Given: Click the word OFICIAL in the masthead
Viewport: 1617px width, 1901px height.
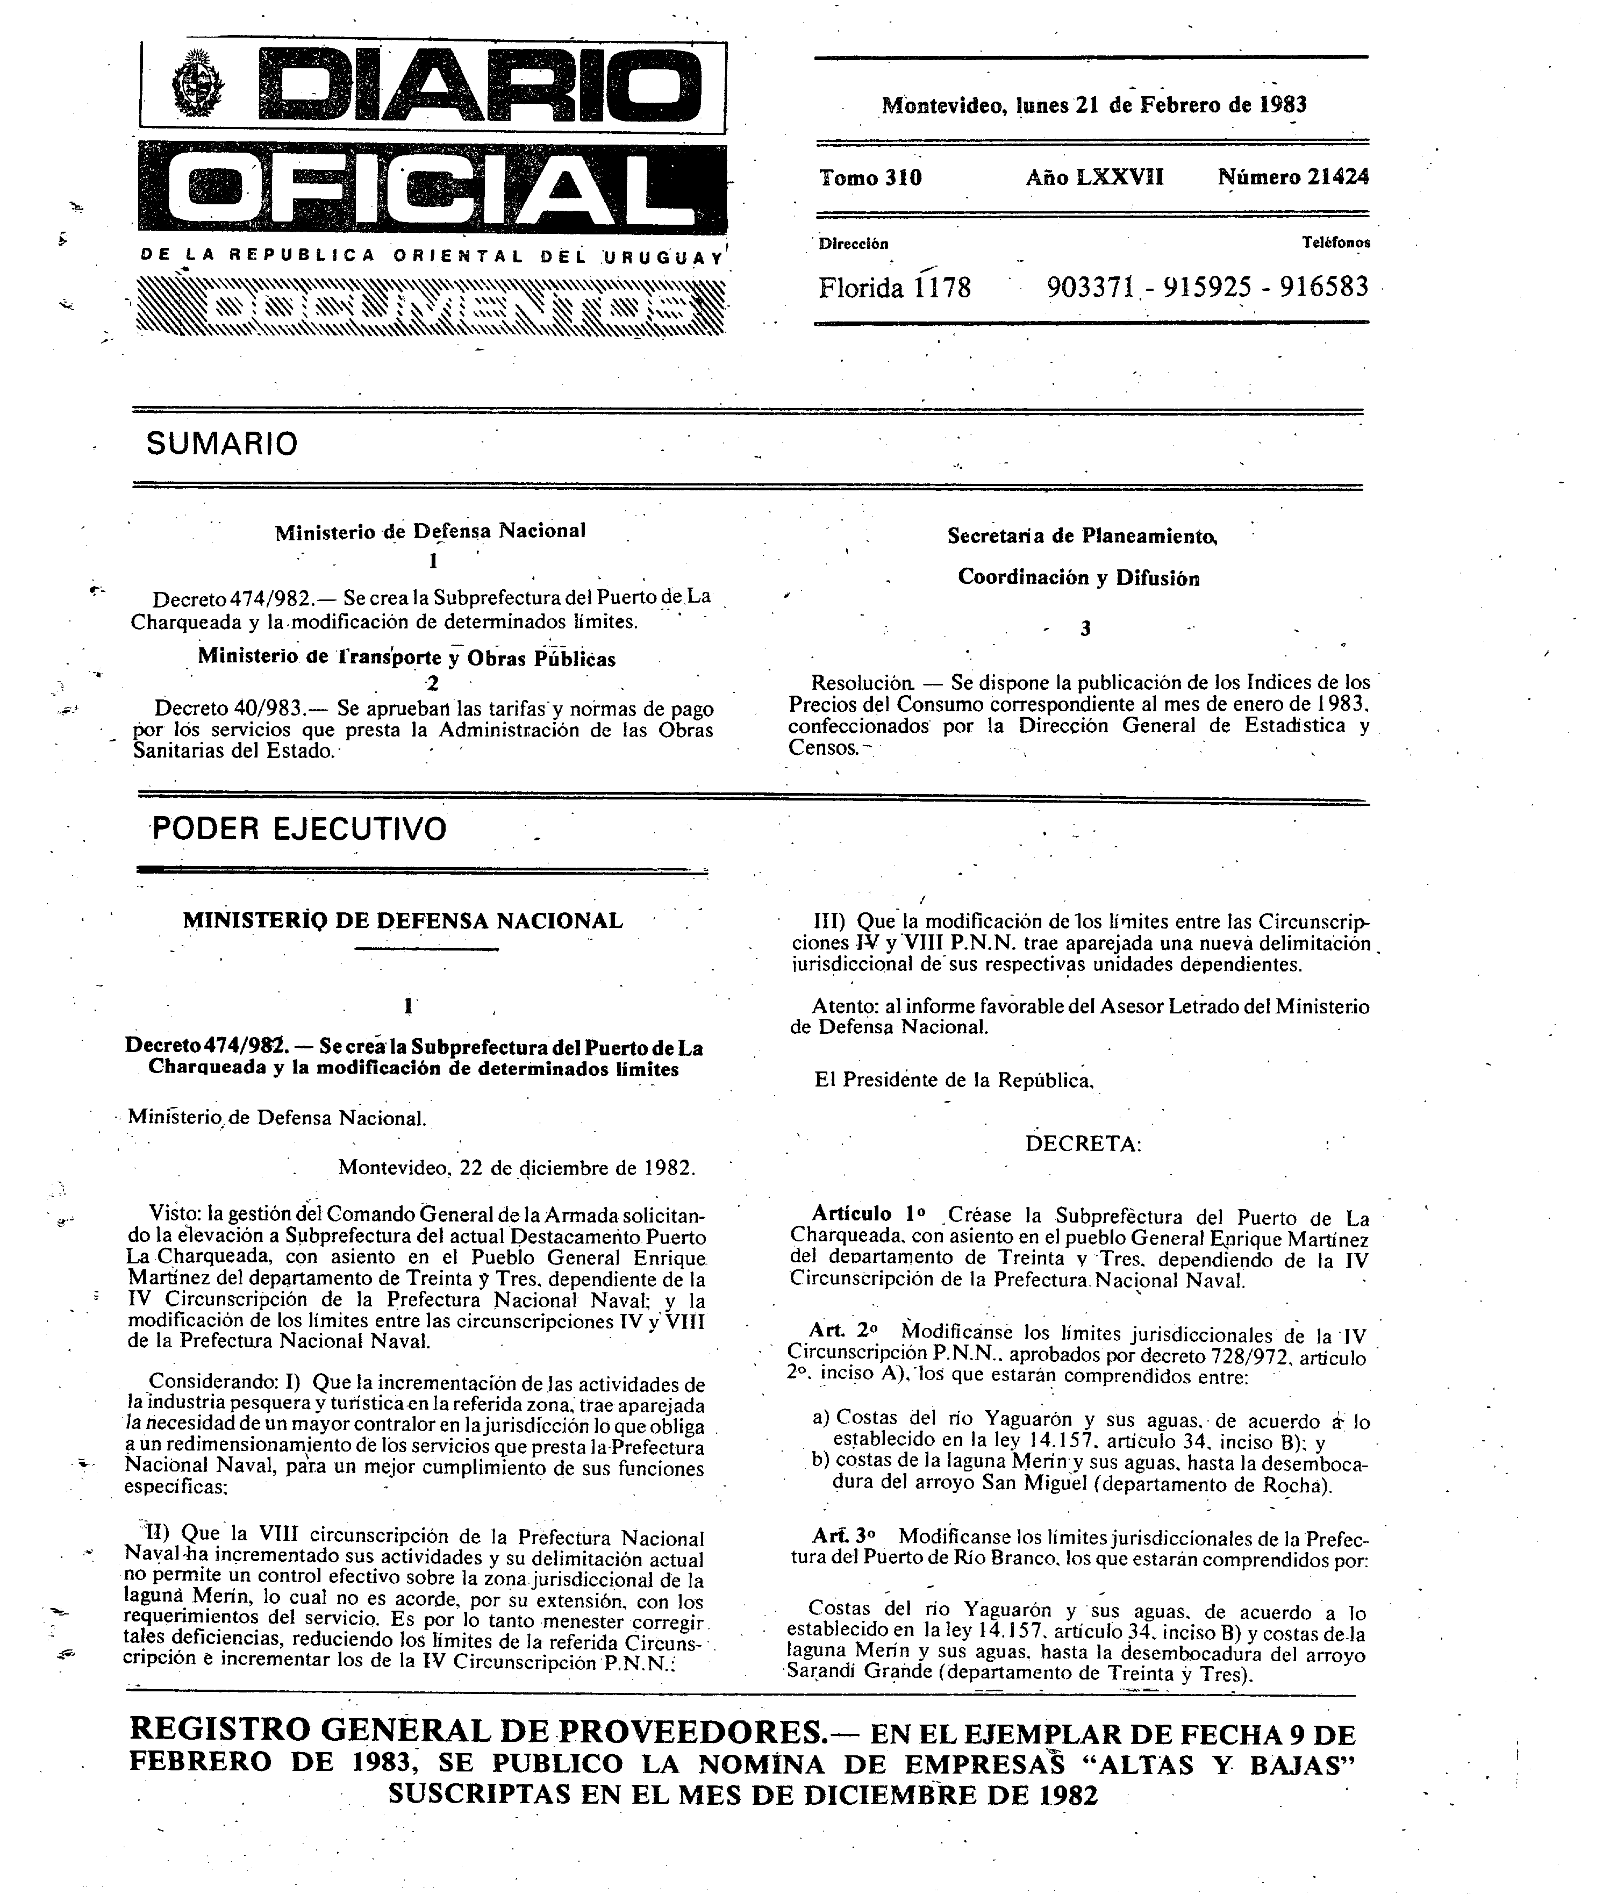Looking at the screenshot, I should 431,189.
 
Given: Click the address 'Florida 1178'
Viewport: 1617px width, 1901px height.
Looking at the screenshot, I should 894,288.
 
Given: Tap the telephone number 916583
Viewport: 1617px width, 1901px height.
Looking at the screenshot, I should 1323,287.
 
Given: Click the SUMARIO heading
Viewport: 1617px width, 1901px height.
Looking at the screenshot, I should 222,445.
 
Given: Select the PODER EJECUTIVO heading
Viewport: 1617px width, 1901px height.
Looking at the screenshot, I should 299,828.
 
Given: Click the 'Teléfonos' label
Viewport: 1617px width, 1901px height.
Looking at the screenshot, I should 1335,243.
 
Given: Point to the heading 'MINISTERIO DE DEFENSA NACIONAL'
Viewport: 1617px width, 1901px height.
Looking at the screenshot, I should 403,920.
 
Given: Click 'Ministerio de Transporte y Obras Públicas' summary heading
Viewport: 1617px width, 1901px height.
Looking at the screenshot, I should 406,657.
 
